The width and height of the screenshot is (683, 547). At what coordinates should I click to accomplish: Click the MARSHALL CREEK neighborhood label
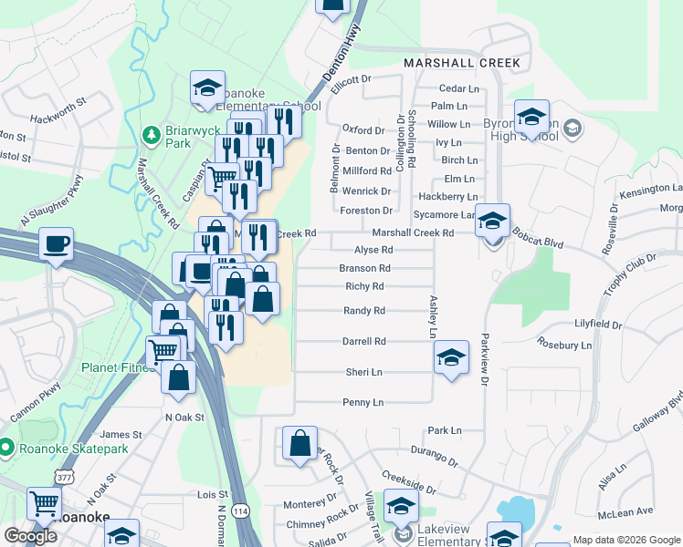click(x=462, y=64)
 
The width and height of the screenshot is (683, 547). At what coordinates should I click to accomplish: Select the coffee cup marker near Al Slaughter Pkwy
click(x=57, y=244)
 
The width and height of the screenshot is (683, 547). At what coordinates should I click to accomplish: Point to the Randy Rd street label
click(x=363, y=311)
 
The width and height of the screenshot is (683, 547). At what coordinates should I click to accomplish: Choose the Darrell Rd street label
click(x=364, y=341)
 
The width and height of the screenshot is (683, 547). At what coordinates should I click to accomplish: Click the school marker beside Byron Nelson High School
click(x=531, y=117)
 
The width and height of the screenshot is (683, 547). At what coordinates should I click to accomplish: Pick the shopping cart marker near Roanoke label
click(x=44, y=502)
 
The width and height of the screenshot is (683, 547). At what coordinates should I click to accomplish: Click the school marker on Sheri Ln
click(x=451, y=357)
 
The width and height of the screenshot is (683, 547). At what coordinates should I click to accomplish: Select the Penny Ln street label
click(x=363, y=402)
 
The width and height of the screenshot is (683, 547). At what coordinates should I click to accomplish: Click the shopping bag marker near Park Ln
click(x=299, y=443)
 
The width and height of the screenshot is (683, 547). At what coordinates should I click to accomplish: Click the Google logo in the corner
click(x=30, y=536)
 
